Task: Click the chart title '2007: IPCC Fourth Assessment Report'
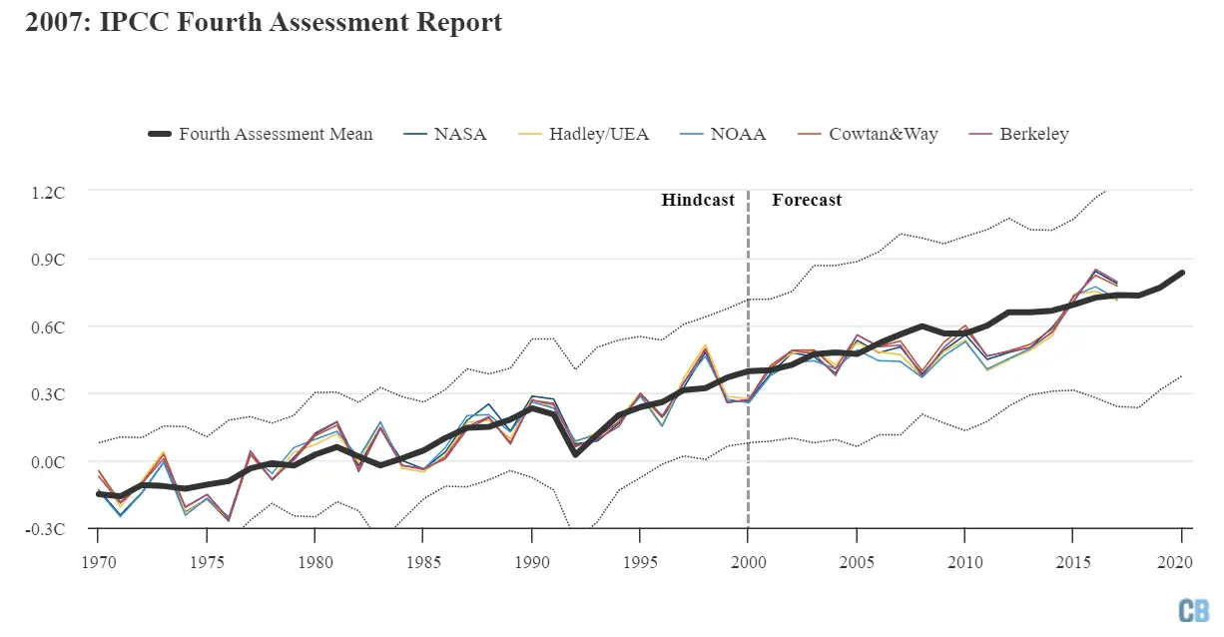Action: [264, 23]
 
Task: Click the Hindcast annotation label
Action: [698, 200]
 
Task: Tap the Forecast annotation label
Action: [807, 200]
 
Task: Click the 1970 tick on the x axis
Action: [98, 561]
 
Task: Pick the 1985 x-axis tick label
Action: [423, 561]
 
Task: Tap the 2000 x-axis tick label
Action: [749, 561]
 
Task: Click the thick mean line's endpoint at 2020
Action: [1182, 273]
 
